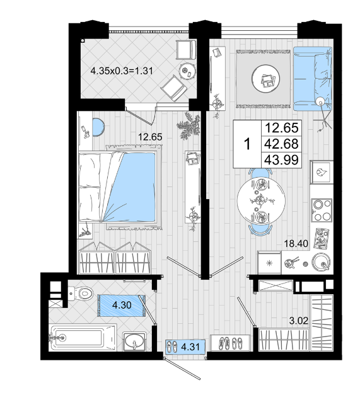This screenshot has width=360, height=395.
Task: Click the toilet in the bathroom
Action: click(x=81, y=294)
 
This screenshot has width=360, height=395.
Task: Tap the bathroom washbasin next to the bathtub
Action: click(x=134, y=341)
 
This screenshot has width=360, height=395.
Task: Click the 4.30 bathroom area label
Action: click(x=122, y=305)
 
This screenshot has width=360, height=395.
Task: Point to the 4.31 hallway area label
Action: click(x=190, y=347)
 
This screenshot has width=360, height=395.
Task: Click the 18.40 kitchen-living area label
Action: click(x=296, y=244)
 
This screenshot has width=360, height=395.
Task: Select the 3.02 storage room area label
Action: click(x=298, y=321)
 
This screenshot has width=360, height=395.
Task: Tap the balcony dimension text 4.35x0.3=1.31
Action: click(x=122, y=71)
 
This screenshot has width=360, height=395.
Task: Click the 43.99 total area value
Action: click(x=282, y=160)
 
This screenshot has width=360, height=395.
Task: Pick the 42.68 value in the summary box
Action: click(x=282, y=144)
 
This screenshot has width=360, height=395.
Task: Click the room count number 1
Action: click(x=248, y=144)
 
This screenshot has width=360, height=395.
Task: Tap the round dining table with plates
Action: click(x=261, y=200)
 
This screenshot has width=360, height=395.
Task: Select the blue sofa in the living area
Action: click(x=313, y=79)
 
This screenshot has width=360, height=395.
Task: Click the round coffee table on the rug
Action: click(x=265, y=79)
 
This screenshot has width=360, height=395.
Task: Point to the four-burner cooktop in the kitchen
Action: click(x=322, y=210)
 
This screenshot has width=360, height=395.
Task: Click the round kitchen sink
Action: click(x=321, y=261)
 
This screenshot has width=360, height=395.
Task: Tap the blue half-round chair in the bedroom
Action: click(x=98, y=127)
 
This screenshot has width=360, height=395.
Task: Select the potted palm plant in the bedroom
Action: click(x=189, y=126)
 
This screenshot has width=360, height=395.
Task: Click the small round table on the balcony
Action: click(x=187, y=71)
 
